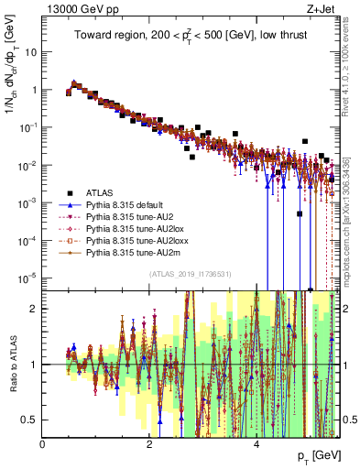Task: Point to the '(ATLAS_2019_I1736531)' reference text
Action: tap(191, 275)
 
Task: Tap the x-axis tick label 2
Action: tap(149, 442)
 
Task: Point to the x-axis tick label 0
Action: tap(43, 442)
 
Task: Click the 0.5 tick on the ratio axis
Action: tap(31, 420)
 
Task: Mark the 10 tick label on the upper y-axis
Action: tap(28, 51)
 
